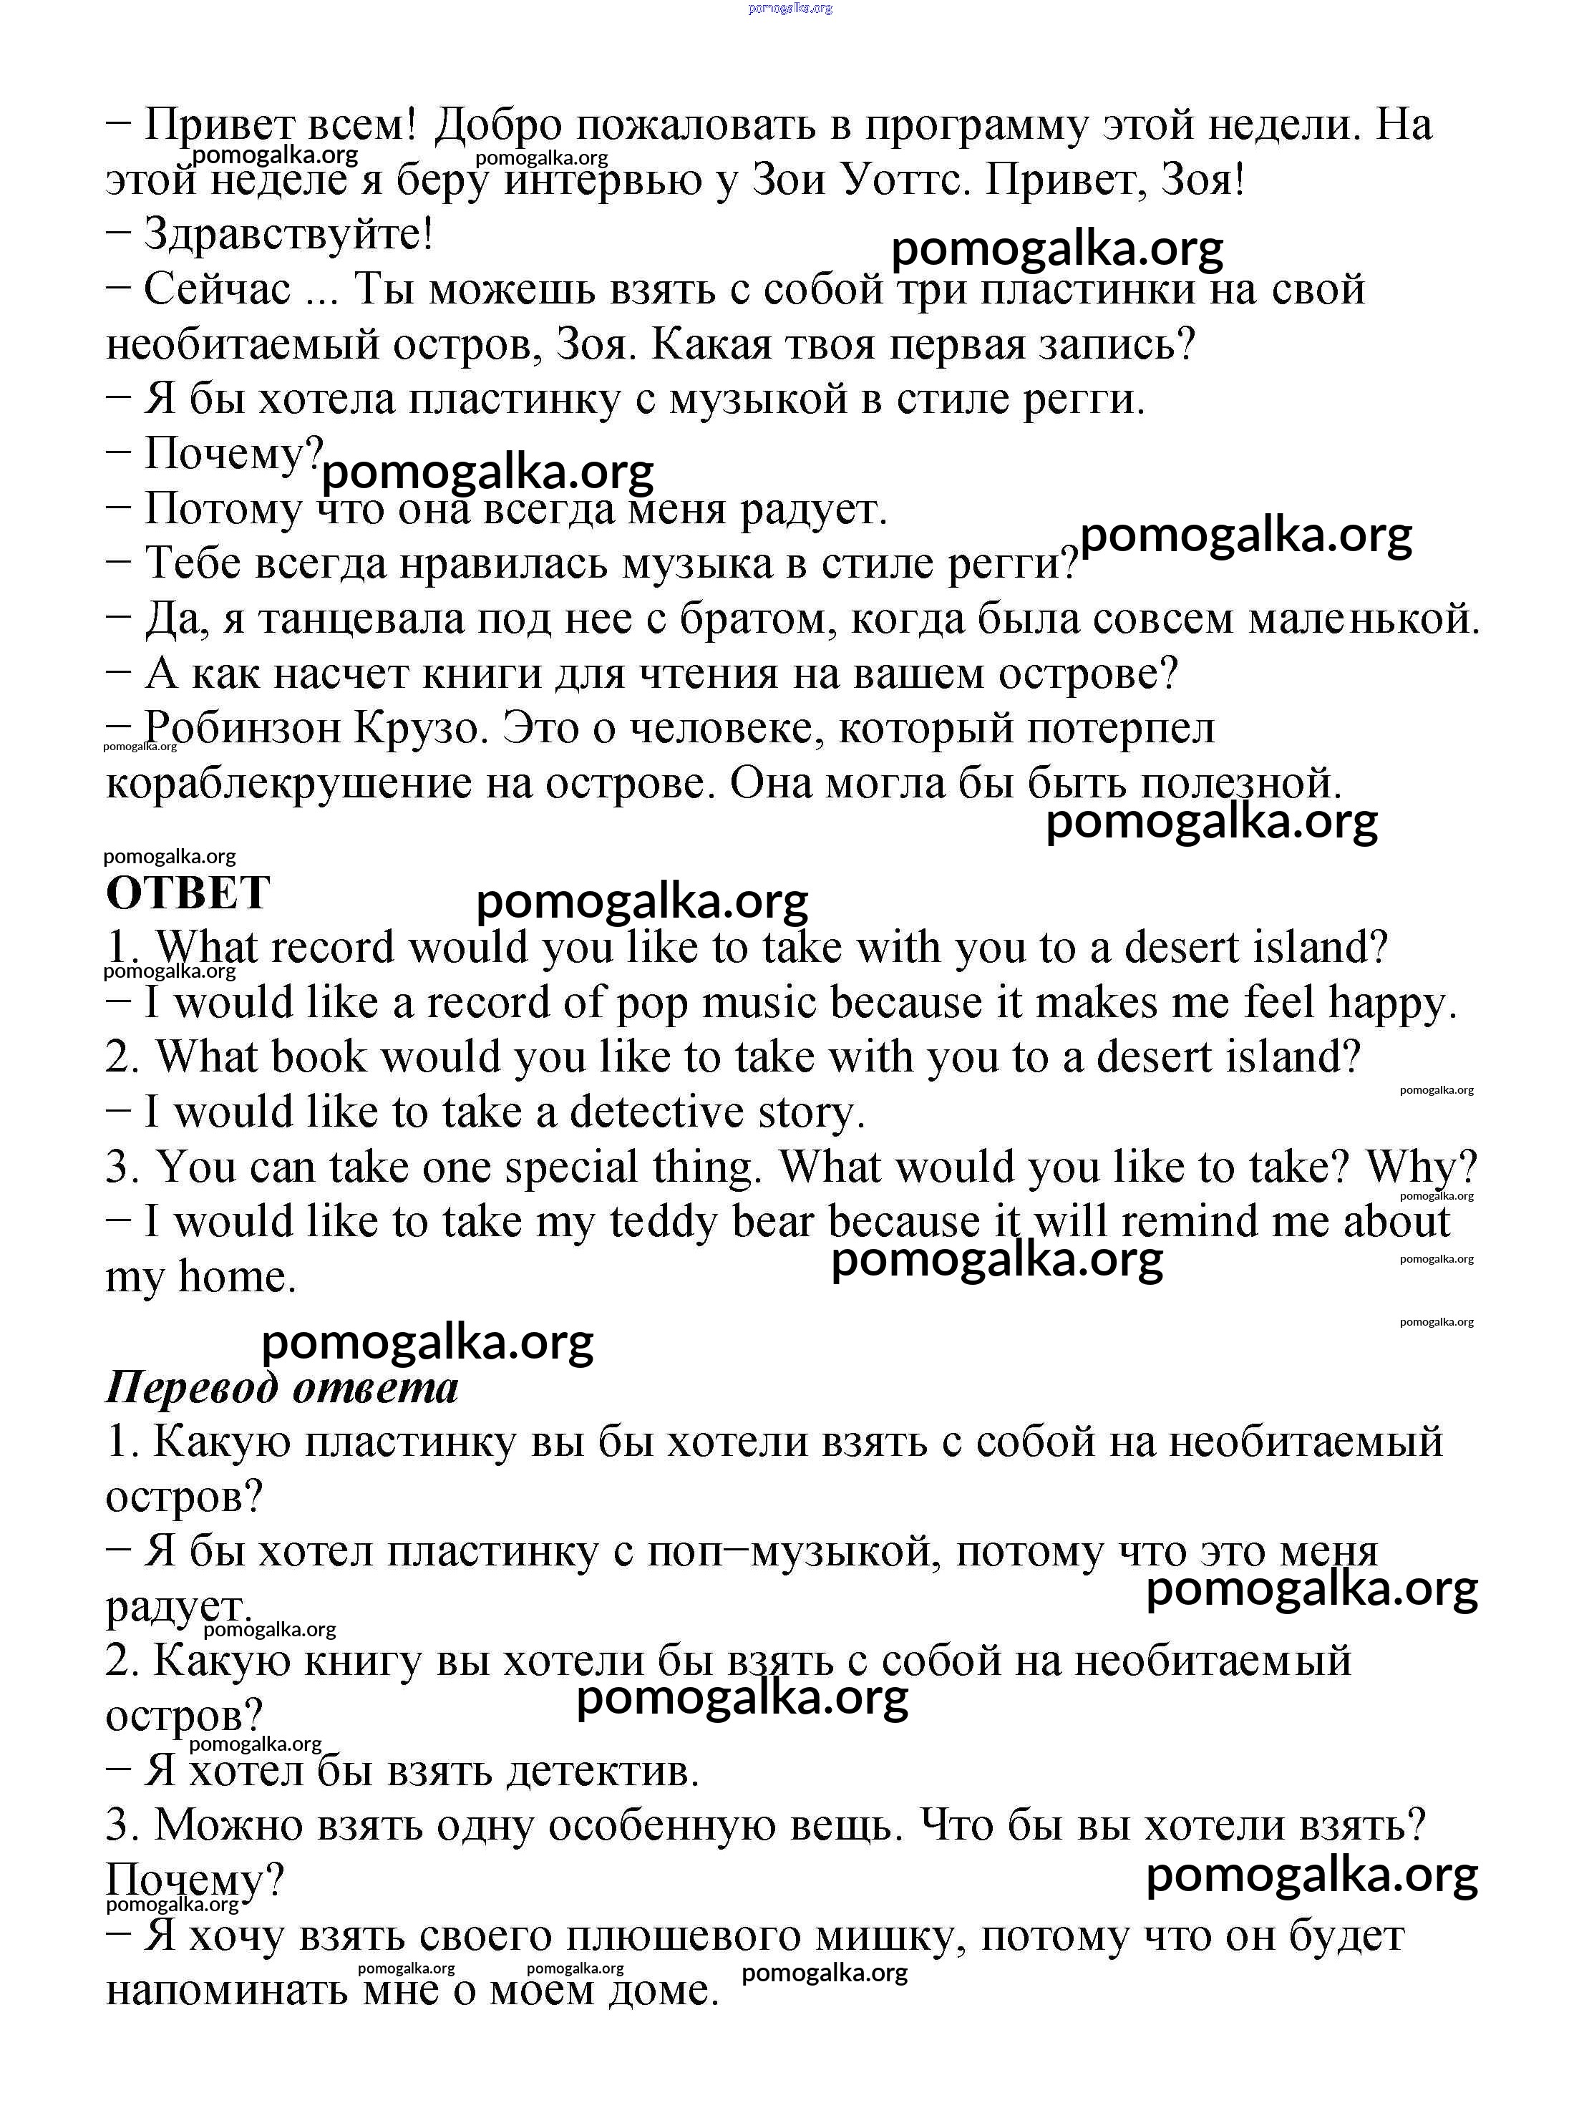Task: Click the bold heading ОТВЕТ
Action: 188,893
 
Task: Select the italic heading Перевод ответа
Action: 282,1386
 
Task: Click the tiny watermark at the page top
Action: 790,8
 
